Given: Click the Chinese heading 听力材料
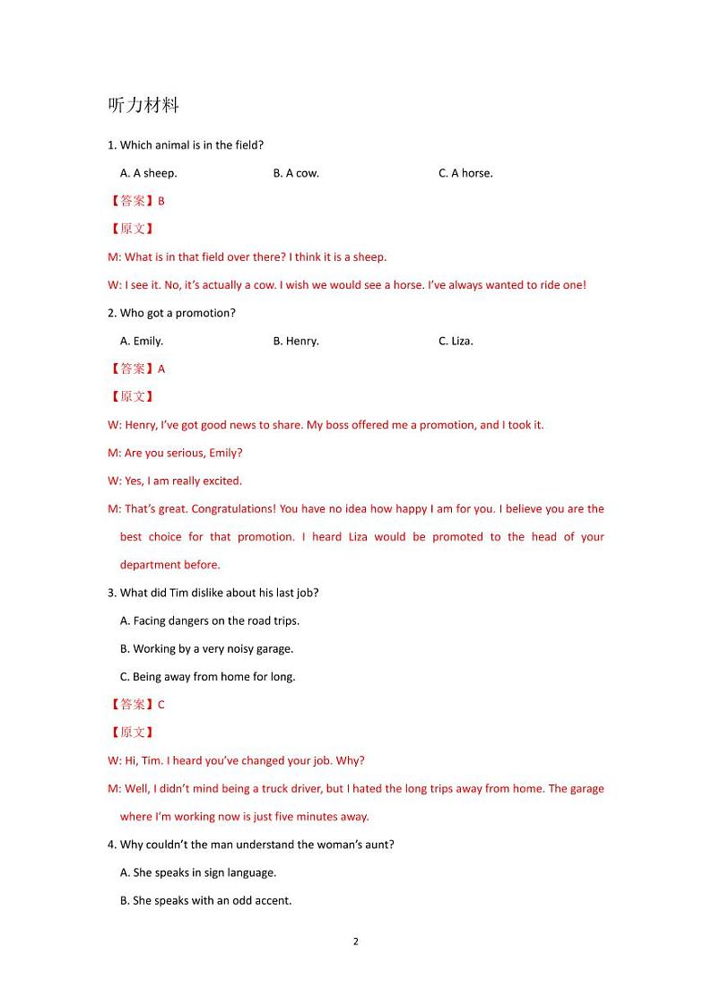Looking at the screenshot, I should [143, 105].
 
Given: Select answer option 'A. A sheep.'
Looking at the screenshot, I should [148, 173].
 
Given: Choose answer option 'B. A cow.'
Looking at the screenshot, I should [296, 173].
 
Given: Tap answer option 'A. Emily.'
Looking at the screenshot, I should [142, 341].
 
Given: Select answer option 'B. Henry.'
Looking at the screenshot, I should [296, 341].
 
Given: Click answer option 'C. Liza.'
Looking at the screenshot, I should [456, 341].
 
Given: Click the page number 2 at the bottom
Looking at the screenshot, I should [356, 941].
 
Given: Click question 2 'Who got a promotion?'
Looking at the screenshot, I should [172, 313].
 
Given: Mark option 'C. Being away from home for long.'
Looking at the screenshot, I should [208, 676].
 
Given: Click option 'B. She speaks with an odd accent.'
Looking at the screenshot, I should [206, 900].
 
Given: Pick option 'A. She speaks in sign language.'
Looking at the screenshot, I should [198, 872].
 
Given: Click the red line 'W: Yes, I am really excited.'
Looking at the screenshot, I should [175, 481].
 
